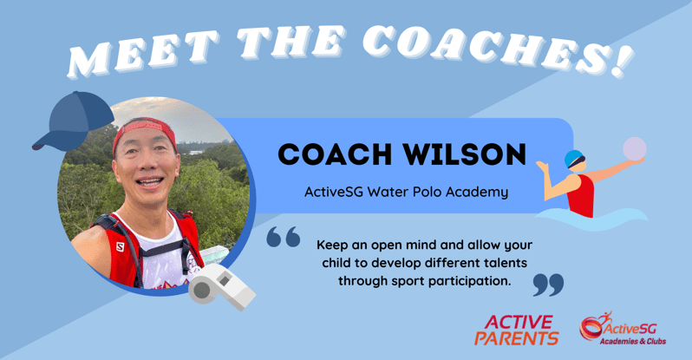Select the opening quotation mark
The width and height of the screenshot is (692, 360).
coord(284,236)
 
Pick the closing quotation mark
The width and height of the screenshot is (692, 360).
coord(547,284)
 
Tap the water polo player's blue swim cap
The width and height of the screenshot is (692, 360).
coord(573,159)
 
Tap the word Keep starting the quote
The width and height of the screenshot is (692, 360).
coord(334,244)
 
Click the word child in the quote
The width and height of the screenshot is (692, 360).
coord(336,262)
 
